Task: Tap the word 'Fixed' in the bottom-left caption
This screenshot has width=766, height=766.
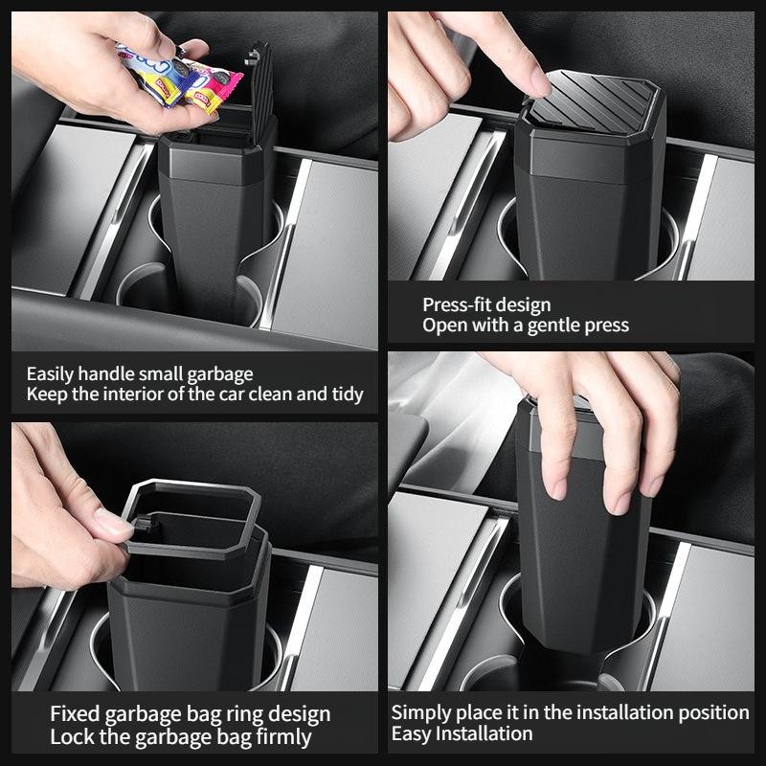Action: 75,714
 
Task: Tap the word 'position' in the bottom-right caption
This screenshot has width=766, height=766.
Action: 713,712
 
